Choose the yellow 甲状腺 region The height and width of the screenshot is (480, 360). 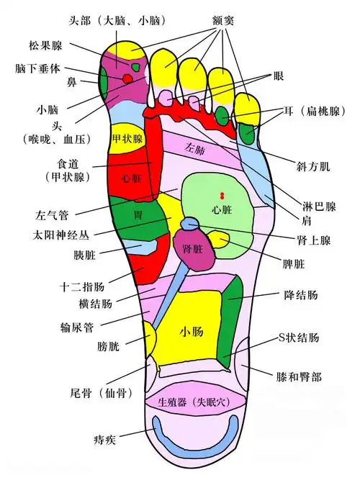127,137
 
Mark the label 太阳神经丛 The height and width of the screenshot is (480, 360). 66,234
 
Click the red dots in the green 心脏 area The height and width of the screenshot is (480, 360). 223,196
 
